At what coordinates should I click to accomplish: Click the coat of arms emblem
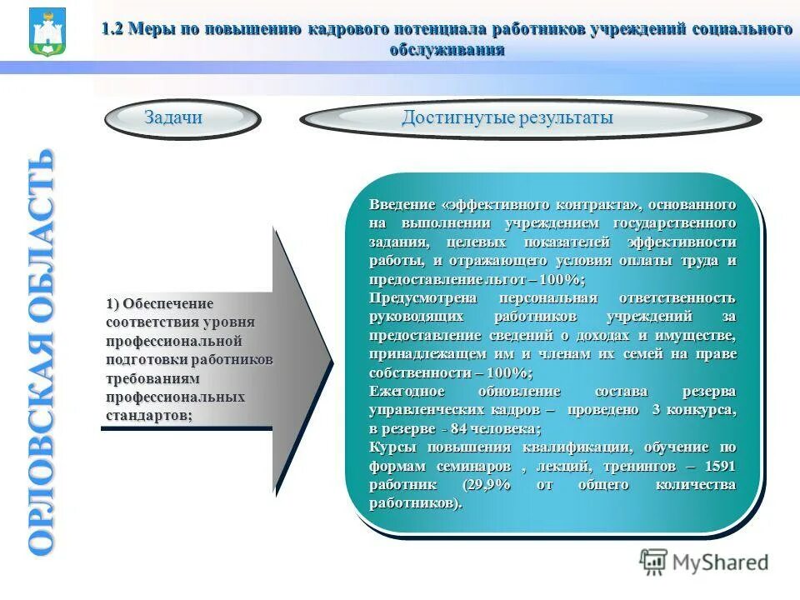(x=47, y=32)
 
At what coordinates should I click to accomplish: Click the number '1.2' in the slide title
(x=112, y=29)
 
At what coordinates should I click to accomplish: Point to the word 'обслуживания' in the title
(x=447, y=49)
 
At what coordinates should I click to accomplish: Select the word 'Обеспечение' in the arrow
(x=170, y=303)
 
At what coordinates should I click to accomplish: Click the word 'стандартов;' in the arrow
(x=149, y=414)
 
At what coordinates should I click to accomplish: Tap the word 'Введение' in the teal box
(x=402, y=204)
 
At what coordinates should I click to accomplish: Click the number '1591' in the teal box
(x=719, y=466)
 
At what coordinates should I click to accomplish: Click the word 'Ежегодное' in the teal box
(x=408, y=392)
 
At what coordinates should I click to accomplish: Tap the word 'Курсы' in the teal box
(x=391, y=447)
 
